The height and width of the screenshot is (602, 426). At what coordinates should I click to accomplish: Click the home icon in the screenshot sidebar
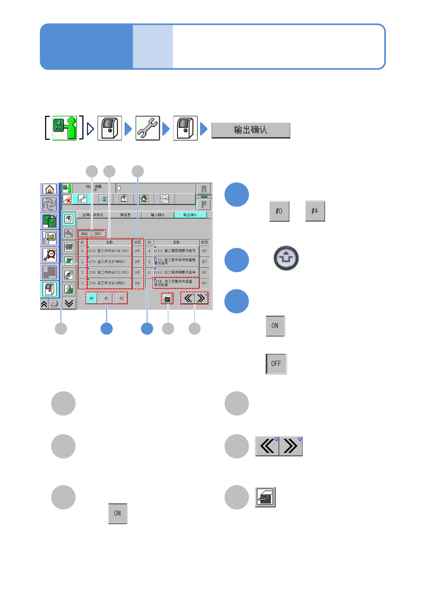click(49, 189)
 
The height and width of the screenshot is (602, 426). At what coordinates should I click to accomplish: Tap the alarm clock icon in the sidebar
click(49, 255)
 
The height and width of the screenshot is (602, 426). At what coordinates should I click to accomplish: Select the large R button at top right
click(204, 189)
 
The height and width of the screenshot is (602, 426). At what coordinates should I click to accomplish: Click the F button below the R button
click(204, 204)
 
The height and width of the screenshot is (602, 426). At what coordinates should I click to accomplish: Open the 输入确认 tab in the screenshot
click(158, 215)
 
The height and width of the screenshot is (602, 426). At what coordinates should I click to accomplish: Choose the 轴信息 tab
click(125, 215)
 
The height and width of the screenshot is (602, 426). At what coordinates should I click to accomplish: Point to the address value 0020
click(98, 234)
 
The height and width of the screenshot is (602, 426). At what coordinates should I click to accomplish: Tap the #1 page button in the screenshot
click(106, 298)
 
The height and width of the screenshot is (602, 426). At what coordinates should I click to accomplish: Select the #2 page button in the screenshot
click(122, 298)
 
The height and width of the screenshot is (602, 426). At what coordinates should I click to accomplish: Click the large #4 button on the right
click(315, 211)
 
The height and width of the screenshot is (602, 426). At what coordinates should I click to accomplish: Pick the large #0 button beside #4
click(279, 211)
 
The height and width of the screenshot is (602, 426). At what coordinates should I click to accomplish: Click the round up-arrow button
click(286, 258)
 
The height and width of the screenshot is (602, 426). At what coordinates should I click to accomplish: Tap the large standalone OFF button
click(276, 364)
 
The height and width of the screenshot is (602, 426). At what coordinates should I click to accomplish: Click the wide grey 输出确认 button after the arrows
click(251, 130)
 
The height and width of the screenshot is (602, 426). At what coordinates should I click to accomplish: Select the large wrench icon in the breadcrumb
click(147, 128)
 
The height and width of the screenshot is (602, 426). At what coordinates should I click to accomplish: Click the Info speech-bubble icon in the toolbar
click(164, 199)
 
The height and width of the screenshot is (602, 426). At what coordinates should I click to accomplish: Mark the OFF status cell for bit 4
click(204, 251)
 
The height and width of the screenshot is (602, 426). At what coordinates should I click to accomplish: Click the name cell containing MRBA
click(110, 262)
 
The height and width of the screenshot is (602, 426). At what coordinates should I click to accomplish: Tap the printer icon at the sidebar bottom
click(54, 304)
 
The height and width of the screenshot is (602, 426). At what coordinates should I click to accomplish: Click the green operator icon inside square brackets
click(65, 128)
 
